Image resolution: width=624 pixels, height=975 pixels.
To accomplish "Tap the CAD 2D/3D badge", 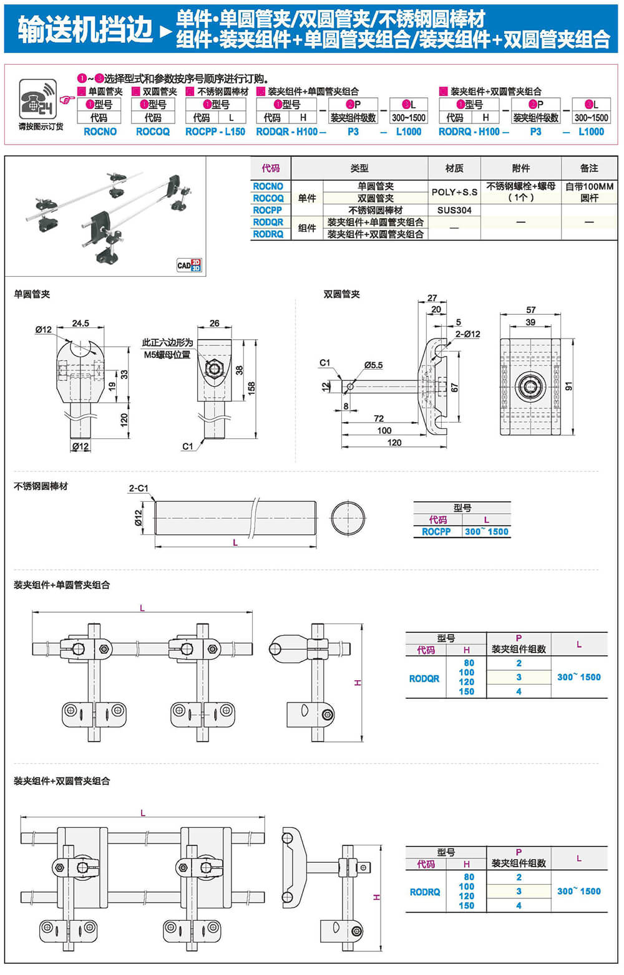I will tap(188, 265).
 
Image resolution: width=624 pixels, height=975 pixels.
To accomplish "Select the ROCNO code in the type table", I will tap(268, 186).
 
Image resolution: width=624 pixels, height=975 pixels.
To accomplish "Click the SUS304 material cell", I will tap(454, 210).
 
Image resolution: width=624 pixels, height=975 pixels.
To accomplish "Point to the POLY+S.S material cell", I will tap(454, 192).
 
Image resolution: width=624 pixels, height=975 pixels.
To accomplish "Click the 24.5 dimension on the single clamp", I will tap(80, 323).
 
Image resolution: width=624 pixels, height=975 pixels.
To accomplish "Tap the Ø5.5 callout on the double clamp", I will tap(373, 365).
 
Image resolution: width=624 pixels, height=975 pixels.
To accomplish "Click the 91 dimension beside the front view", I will tap(568, 387).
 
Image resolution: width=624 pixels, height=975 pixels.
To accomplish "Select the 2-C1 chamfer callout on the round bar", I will tap(139, 488).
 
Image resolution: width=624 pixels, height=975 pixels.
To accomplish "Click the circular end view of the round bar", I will tap(348, 517).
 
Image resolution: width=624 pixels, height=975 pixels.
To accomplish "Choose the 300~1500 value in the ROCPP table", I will tap(486, 532).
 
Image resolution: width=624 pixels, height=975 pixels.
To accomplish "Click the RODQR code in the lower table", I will tap(424, 678).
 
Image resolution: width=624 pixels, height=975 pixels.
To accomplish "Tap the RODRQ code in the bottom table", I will tap(425, 892).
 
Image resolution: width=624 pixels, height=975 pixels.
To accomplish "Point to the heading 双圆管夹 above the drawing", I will tap(341, 294).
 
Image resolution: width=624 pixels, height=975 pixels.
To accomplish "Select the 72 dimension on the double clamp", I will tap(379, 418).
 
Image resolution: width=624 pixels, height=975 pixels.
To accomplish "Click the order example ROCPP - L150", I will tap(215, 132).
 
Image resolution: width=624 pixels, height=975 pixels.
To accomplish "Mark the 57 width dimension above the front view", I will tap(530, 310).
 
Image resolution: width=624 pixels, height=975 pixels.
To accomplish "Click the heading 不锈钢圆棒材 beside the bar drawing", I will tap(41, 486).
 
